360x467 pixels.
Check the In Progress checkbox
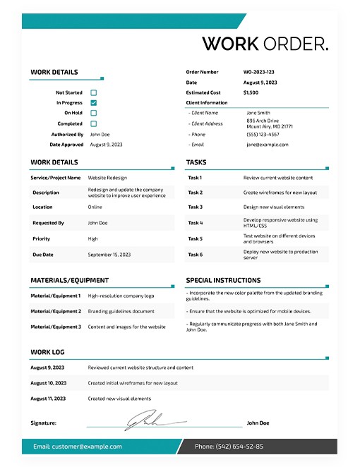coord(93,103)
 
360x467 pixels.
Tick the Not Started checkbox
coord(93,92)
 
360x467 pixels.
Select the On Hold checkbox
coord(93,113)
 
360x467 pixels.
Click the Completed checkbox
coord(93,123)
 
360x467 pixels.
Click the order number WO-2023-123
coord(258,72)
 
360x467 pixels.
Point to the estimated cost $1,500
coord(251,92)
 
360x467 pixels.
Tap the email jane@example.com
coord(267,145)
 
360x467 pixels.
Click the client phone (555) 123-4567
coord(263,134)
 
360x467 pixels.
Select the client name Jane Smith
coord(258,113)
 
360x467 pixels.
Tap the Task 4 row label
coord(196,223)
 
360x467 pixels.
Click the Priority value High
coord(93,238)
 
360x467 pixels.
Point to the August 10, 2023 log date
coord(49,383)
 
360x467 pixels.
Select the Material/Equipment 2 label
coord(56,311)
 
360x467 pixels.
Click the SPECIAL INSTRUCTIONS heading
coord(223,280)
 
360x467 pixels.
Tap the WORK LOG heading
coord(49,351)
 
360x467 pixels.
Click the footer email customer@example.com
coord(78,447)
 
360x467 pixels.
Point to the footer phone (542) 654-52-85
coord(229,447)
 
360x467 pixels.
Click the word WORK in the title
coord(231,44)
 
